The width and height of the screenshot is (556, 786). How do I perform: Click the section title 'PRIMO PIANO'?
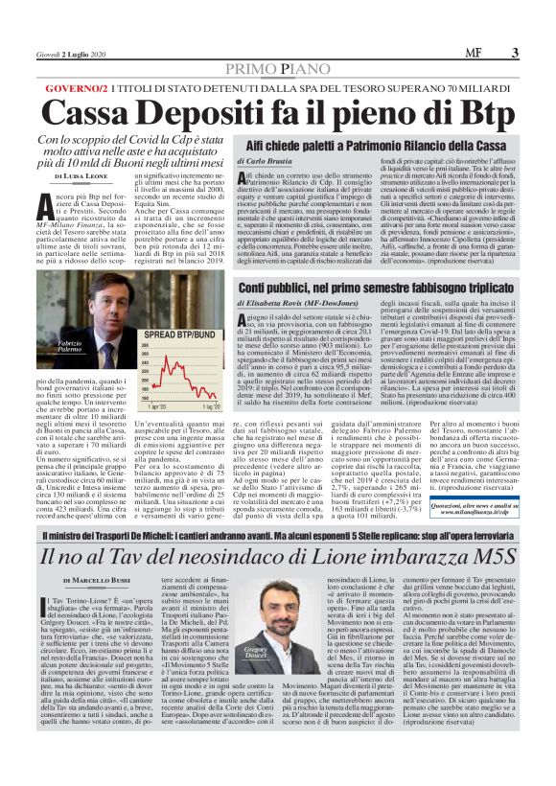point(278,69)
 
